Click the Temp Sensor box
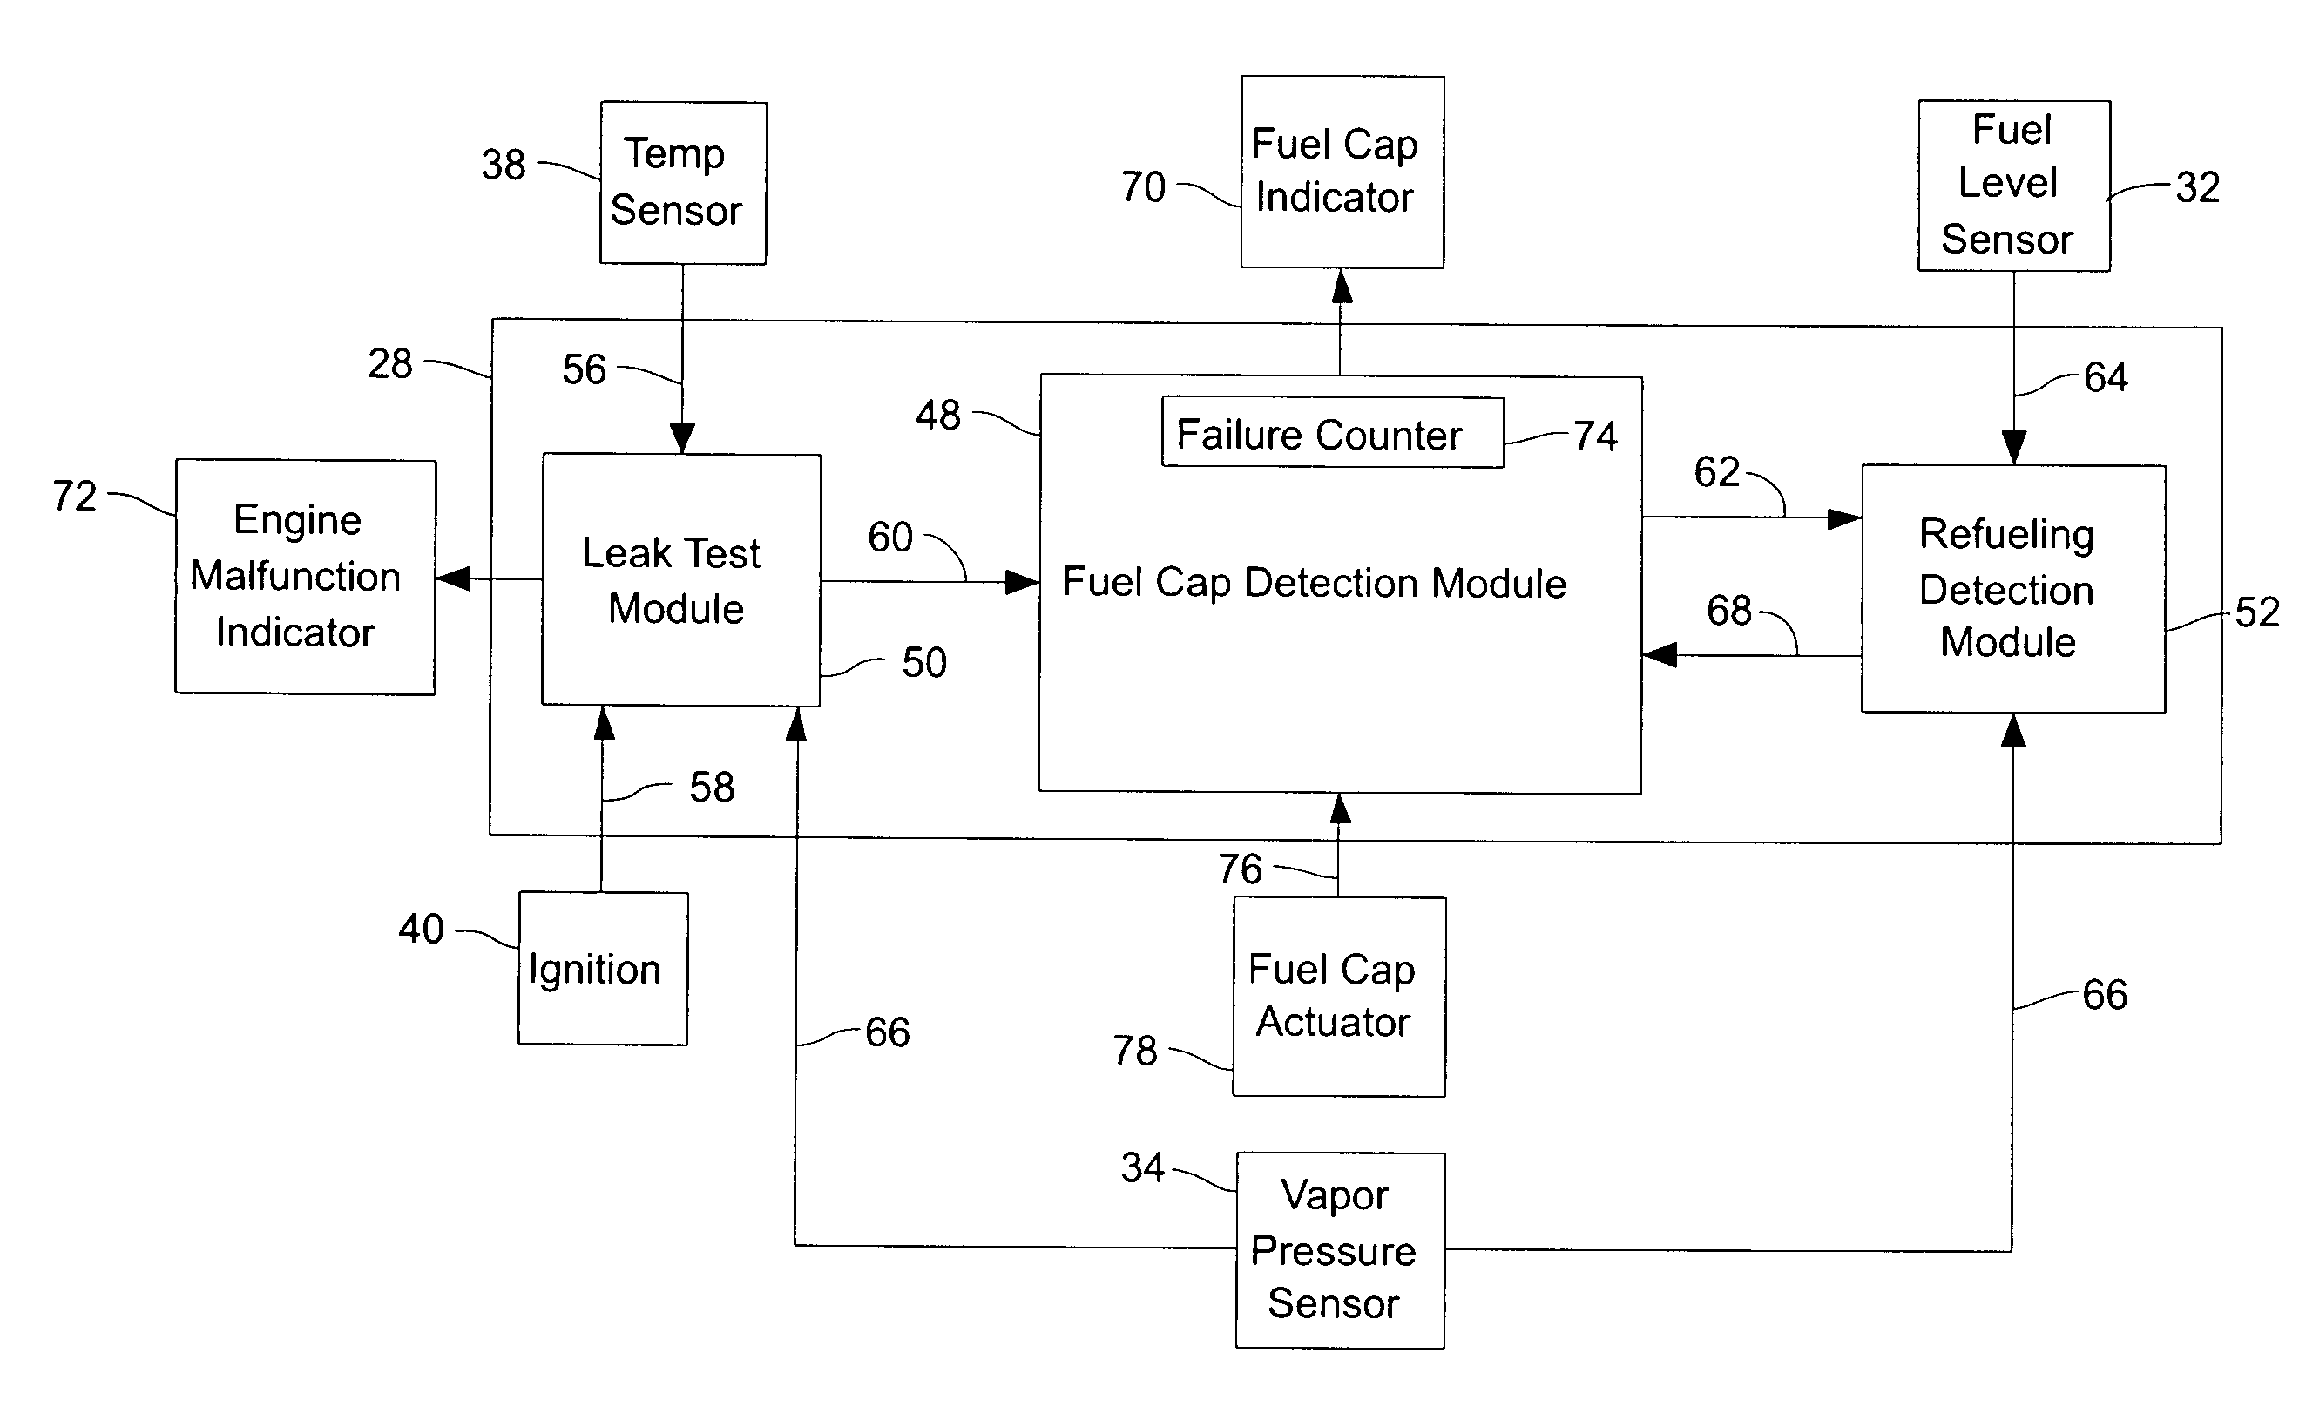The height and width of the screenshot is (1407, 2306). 682,183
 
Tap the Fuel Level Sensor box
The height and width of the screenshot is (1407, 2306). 2013,186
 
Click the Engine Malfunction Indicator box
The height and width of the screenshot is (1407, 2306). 305,577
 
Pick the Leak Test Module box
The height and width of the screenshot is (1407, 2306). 681,579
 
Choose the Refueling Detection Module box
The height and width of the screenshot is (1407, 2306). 2012,588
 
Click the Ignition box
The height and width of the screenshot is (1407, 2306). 603,968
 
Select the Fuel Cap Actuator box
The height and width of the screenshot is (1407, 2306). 1338,996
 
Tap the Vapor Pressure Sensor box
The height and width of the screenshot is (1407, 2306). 1339,1249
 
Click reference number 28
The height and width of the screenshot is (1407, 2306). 389,364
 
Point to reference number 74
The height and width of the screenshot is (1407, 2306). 1595,436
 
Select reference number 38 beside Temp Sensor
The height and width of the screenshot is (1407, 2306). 504,166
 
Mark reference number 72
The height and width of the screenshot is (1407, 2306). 75,496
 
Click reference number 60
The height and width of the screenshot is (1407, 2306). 890,538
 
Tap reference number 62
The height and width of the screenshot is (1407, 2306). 1716,472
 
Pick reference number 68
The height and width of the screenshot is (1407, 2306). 1728,612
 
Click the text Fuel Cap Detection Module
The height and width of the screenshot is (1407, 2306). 1314,582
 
